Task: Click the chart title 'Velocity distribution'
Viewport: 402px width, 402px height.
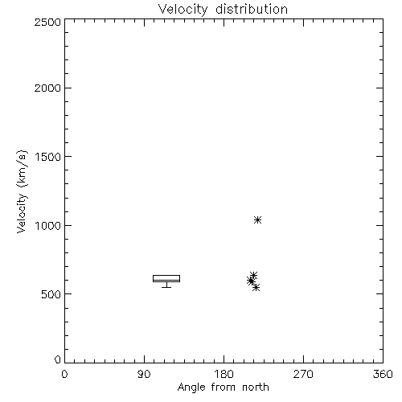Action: pos(223,10)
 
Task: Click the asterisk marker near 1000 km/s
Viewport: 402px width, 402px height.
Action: pos(257,220)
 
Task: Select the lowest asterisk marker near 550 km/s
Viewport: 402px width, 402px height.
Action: pos(256,288)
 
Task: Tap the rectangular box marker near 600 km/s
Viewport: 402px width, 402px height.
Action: pos(166,278)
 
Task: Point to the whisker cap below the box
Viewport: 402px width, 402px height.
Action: pos(166,287)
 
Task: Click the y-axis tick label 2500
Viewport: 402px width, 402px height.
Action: pos(47,22)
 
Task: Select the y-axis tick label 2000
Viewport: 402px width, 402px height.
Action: pos(47,88)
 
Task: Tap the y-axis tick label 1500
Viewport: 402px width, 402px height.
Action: pos(48,157)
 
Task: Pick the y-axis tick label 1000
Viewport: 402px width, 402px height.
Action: pos(48,225)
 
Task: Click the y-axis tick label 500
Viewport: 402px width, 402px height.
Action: pos(51,294)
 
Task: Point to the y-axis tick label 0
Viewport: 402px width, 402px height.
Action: pos(58,359)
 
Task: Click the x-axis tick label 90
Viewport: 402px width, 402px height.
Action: pos(144,374)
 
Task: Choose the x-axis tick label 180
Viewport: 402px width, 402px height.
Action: pos(224,374)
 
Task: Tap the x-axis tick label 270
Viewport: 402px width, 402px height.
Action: pos(303,374)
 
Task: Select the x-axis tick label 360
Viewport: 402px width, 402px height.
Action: pos(383,374)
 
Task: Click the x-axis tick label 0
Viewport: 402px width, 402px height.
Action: pos(64,374)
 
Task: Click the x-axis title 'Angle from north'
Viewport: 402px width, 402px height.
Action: pos(224,388)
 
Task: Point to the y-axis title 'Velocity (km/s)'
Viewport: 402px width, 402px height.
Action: pos(22,191)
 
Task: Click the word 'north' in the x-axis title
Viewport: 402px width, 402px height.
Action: pos(256,388)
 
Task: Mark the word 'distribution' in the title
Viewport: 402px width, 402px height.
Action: pos(252,10)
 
